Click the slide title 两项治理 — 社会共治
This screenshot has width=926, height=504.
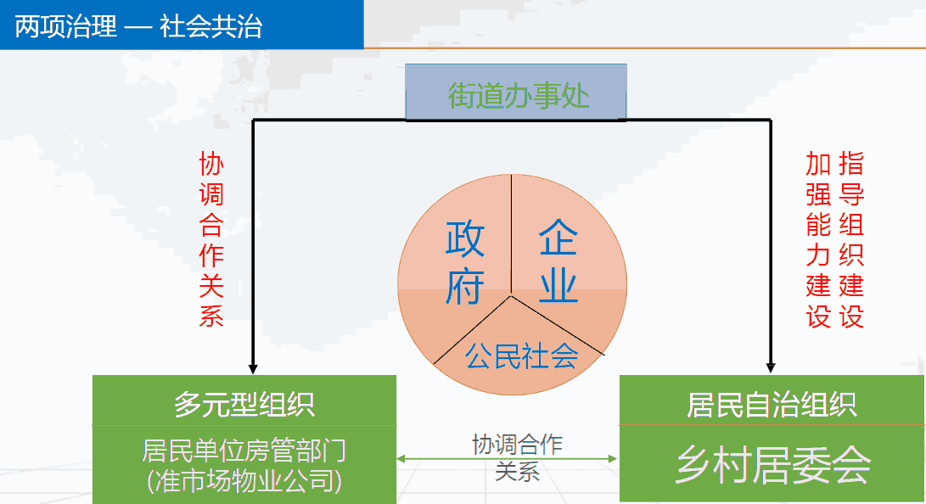click(138, 26)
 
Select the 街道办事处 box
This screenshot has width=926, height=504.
click(515, 92)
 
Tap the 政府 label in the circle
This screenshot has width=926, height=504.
click(465, 262)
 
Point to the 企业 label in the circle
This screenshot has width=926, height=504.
click(558, 260)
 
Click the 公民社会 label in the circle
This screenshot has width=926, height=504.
click(521, 356)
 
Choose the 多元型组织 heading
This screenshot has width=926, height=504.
click(244, 404)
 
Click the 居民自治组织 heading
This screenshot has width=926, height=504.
click(772, 405)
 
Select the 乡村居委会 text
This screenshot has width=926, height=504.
click(773, 465)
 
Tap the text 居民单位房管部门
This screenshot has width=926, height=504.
click(244, 451)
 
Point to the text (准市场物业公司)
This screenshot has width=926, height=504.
click(244, 480)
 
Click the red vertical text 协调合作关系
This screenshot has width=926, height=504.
click(211, 239)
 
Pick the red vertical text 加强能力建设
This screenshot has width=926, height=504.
click(818, 239)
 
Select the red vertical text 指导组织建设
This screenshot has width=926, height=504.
click(851, 239)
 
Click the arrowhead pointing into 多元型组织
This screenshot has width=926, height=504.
click(253, 369)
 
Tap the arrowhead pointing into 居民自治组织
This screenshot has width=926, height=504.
click(770, 367)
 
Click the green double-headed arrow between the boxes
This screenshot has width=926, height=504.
click(508, 458)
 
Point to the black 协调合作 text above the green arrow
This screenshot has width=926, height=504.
click(518, 445)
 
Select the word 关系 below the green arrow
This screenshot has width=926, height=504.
click(518, 472)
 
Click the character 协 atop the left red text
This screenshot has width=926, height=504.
click(211, 164)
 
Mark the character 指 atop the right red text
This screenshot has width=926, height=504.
click(851, 164)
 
